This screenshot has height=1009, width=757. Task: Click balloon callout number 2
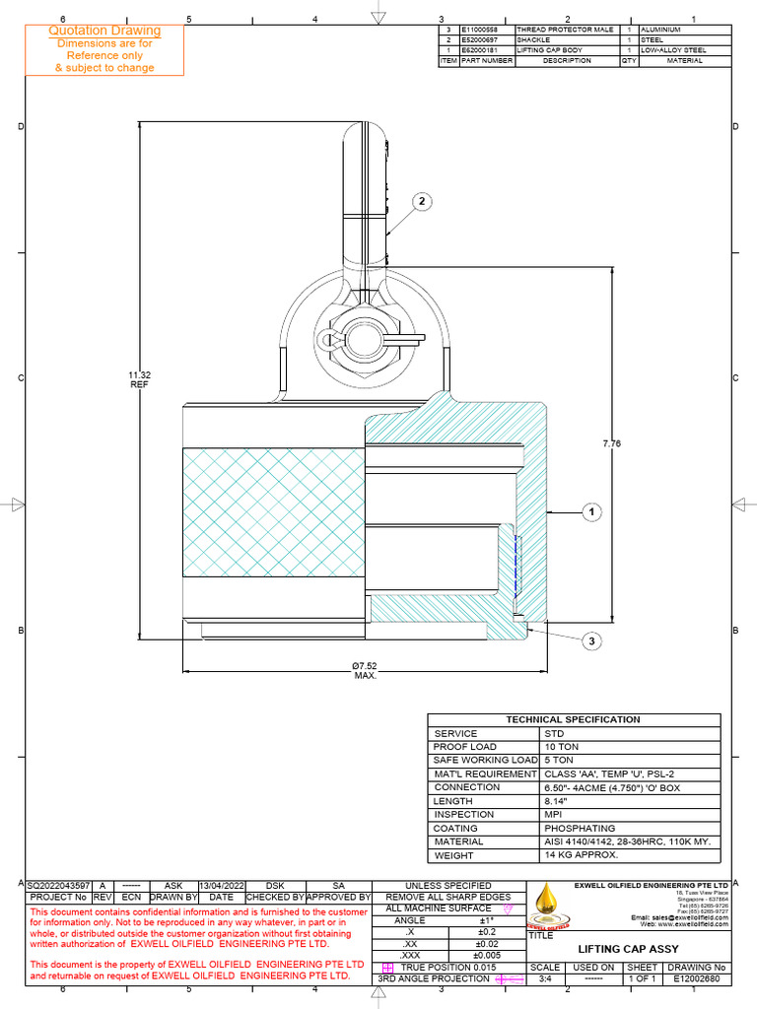pyautogui.click(x=422, y=202)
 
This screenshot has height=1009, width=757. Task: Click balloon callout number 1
pyautogui.click(x=592, y=511)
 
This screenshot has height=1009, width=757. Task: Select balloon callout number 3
pyautogui.click(x=592, y=641)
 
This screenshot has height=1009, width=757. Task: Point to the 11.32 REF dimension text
pyautogui.click(x=138, y=380)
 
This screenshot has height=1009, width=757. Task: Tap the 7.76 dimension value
pyautogui.click(x=612, y=444)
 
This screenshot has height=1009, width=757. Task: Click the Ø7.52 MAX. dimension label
pyautogui.click(x=366, y=671)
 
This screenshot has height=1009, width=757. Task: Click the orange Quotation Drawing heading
pyautogui.click(x=104, y=32)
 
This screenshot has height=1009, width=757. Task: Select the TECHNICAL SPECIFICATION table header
pyautogui.click(x=573, y=720)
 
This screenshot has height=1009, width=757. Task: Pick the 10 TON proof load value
pyautogui.click(x=561, y=747)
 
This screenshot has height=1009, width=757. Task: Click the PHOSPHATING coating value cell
pyautogui.click(x=580, y=829)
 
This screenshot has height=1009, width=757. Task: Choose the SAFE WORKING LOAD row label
pyautogui.click(x=485, y=761)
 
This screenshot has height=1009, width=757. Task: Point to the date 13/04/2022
pyautogui.click(x=222, y=886)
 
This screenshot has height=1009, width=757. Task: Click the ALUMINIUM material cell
pyautogui.click(x=660, y=30)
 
